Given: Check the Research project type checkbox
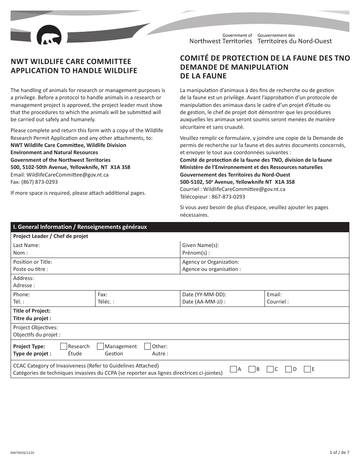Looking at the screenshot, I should pyautogui.click(x=64, y=346).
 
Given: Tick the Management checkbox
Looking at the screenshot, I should pyautogui.click(x=100, y=346).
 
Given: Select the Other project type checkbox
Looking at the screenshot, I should pyautogui.click(x=148, y=346).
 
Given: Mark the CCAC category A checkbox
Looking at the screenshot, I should pyautogui.click(x=233, y=369).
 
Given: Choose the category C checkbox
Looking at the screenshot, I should pyautogui.click(x=270, y=369).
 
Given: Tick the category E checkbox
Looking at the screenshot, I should pyautogui.click(x=307, y=369).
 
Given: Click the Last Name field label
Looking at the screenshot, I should pyautogui.click(x=26, y=245).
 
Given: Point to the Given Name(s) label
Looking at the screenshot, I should pyautogui.click(x=200, y=245).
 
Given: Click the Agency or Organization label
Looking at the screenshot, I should pyautogui.click(x=210, y=262).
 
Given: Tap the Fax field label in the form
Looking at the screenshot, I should pyautogui.click(x=102, y=294).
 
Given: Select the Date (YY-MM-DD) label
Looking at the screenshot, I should pyautogui.click(x=204, y=294).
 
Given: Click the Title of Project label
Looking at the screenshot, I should pyautogui.click(x=32, y=311).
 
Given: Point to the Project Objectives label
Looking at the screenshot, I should pyautogui.click(x=35, y=327).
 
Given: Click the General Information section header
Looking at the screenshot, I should pyautogui.click(x=80, y=227).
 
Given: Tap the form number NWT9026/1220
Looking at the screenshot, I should pyautogui.click(x=24, y=452).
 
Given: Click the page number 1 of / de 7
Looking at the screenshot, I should pyautogui.click(x=339, y=452).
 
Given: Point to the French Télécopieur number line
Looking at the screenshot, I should pyautogui.click(x=212, y=197).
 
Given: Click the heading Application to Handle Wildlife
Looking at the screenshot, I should pyautogui.click(x=74, y=70).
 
